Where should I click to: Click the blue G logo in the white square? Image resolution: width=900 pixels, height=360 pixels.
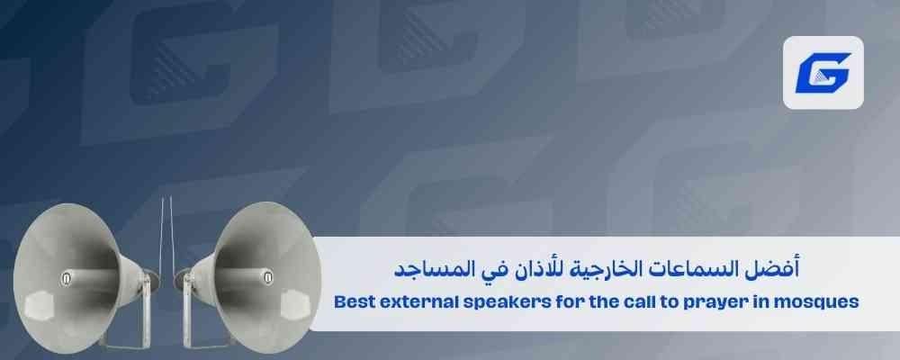pos(823,72)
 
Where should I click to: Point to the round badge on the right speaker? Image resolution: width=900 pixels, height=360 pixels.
pos(268,278)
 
